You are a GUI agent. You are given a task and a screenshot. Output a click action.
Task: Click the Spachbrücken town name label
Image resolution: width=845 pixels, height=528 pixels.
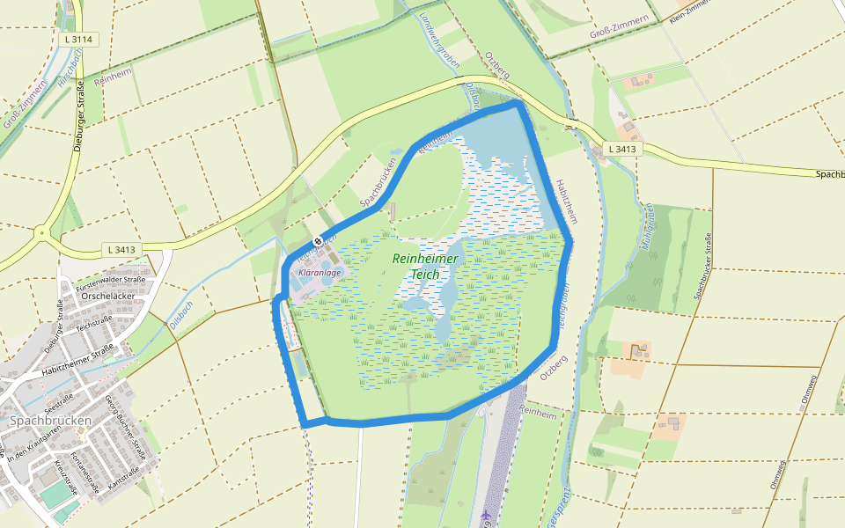tap(51, 421)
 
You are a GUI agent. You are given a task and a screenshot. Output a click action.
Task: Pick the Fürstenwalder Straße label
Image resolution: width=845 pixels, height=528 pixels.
tap(110, 281)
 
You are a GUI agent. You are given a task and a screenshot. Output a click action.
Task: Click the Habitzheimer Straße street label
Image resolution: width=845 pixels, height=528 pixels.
tap(78, 362)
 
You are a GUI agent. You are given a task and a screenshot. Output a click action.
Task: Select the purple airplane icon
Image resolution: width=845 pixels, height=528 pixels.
tap(487, 513)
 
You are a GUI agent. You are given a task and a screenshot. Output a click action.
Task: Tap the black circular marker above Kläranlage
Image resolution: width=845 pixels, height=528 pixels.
tap(317, 240)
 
